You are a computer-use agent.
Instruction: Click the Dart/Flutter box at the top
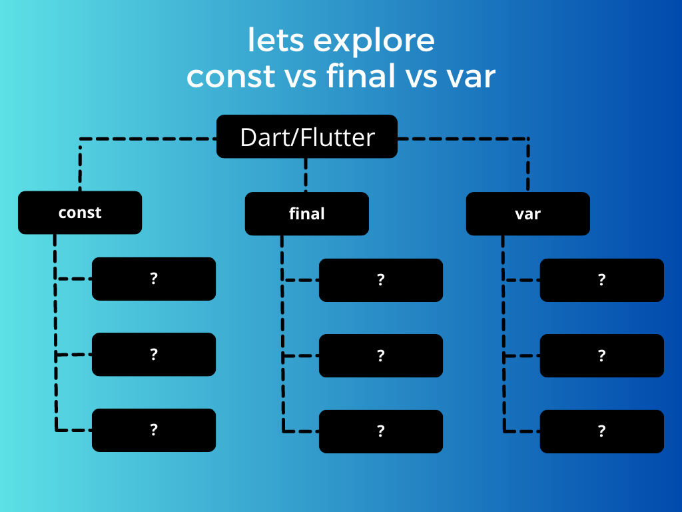[307, 137]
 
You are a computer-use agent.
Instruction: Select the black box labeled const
[80, 213]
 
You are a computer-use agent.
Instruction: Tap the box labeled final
[307, 214]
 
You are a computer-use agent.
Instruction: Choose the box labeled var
[527, 214]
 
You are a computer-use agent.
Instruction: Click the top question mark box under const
[154, 279]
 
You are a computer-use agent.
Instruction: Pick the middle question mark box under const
[154, 354]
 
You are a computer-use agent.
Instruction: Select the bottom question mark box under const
[154, 430]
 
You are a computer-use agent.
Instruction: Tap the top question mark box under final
[381, 280]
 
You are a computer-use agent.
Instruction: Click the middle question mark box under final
[381, 355]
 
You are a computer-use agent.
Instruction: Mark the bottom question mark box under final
[381, 431]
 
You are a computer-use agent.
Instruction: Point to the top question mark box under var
[601, 280]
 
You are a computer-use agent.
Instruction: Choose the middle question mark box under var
[601, 355]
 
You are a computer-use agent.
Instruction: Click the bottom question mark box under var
[601, 431]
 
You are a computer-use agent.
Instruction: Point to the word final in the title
[360, 76]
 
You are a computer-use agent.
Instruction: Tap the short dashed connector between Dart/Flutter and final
[306, 175]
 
